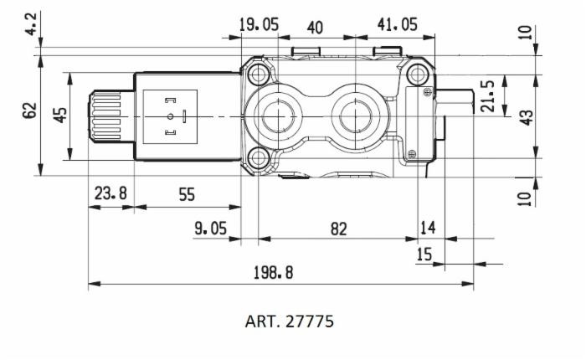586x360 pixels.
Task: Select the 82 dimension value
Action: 338,229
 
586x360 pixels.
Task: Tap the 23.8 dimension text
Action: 110,194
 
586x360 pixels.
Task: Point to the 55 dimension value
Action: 186,194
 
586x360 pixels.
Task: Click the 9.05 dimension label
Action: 210,229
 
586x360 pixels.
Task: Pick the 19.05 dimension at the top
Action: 258,25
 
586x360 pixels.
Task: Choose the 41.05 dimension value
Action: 397,25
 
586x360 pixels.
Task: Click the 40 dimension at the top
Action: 315,28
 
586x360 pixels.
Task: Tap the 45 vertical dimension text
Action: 60,114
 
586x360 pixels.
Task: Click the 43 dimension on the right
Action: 526,117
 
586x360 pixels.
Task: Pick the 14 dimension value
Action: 428,229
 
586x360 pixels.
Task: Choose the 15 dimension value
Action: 425,254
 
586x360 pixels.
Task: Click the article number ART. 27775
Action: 289,321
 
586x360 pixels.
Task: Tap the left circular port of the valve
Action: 274,117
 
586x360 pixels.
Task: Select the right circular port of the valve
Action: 355,117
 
